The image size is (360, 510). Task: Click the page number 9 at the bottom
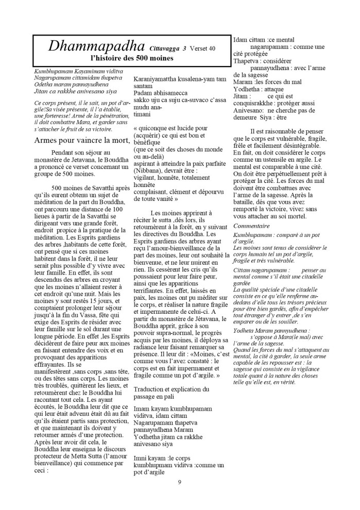pos(180,482)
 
